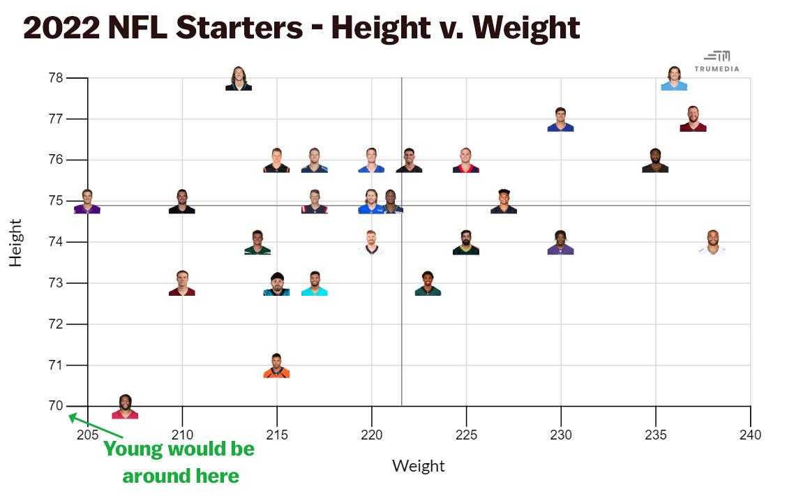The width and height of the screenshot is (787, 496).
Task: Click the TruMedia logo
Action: [717, 61]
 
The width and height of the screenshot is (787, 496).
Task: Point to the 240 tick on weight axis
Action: [751, 435]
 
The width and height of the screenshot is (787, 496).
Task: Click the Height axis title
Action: [15, 242]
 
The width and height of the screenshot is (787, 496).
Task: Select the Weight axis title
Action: [419, 466]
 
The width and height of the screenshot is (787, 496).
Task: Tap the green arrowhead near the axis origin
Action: [73, 417]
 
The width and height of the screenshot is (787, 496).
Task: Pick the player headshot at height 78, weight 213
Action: [239, 78]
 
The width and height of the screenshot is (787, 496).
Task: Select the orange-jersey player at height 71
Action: [276, 366]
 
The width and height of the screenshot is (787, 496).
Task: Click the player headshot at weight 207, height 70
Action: [125, 407]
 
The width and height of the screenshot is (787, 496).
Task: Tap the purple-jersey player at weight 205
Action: [87, 202]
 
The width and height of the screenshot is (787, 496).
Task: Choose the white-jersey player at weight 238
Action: [712, 242]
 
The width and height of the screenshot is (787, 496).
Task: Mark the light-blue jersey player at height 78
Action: [674, 78]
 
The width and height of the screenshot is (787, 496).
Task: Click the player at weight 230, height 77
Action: [560, 119]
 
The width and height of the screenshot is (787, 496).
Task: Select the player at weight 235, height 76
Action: [655, 160]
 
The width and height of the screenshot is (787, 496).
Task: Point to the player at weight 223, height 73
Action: [428, 283]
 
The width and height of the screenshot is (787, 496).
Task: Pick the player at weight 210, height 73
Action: [182, 283]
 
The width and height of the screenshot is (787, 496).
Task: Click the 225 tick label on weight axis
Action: [466, 435]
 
